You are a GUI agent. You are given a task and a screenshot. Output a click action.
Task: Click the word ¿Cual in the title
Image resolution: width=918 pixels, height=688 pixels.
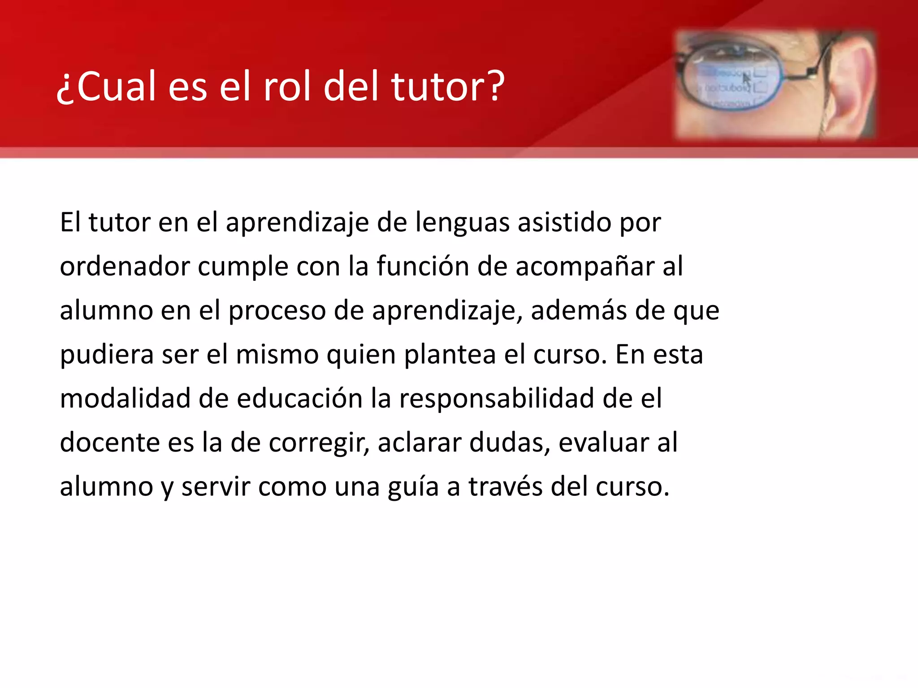pos(106,86)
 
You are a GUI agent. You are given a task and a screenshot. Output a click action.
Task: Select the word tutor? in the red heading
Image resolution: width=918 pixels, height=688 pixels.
pos(448,86)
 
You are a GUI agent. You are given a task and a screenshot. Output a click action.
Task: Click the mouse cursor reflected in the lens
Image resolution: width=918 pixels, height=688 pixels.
pos(746,79)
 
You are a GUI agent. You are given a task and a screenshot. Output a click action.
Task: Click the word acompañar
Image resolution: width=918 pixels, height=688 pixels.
pos(585,267)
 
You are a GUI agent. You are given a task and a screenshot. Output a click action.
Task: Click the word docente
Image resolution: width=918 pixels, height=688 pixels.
pos(109,443)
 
